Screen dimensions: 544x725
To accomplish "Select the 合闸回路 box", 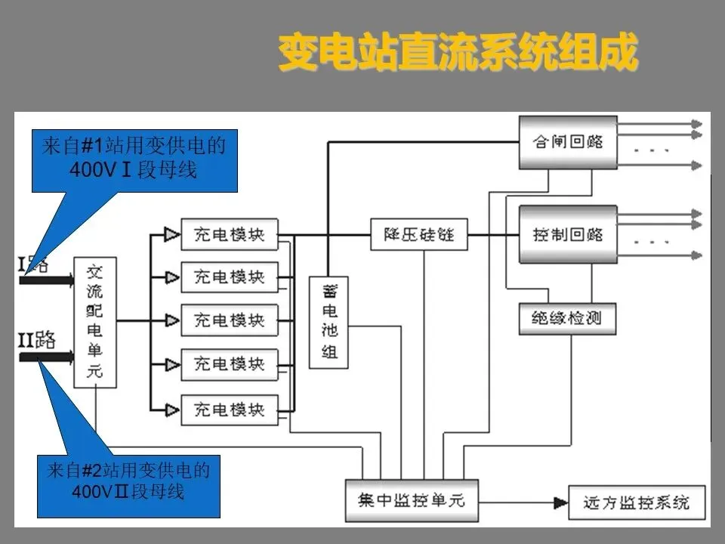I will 568,141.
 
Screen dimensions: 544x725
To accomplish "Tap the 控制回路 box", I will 568,234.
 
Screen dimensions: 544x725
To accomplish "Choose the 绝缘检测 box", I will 568,318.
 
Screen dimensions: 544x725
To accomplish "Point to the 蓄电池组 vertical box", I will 329,322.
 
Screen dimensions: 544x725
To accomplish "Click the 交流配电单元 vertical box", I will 95,322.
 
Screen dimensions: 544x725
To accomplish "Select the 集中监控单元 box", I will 412,500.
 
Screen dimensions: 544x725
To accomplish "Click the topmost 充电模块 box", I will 230,234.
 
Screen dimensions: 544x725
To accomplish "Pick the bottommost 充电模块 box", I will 230,410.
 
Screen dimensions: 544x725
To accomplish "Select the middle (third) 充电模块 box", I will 230,320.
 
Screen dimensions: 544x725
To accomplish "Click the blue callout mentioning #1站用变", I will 134,160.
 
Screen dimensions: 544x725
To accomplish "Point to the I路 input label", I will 32,264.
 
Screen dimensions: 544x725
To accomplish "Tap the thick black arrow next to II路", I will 45,355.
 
